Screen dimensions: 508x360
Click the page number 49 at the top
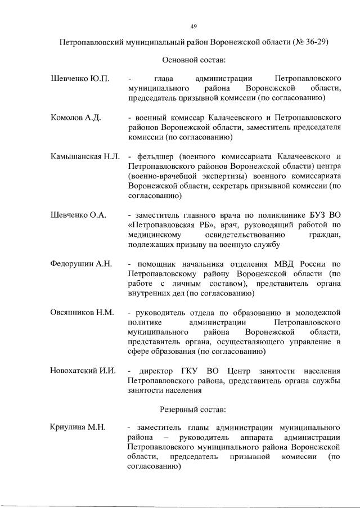click(x=193, y=26)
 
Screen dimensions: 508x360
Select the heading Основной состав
click(x=193, y=59)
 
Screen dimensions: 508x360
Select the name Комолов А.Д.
click(x=75, y=118)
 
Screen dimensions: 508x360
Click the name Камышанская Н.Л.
click(x=84, y=156)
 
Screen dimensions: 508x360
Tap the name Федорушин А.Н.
click(x=82, y=263)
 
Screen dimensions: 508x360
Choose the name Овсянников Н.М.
click(x=82, y=312)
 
